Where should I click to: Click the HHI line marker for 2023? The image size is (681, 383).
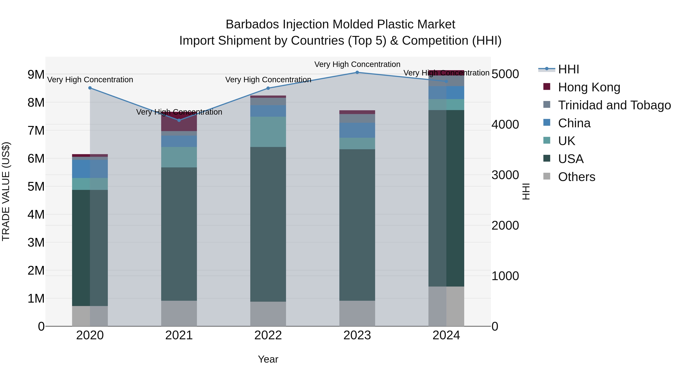[357, 72]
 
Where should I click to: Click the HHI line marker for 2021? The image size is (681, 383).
[179, 120]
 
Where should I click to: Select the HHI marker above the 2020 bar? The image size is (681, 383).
[90, 88]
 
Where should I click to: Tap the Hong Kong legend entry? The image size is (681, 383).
[589, 87]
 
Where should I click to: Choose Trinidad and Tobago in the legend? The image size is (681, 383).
[614, 105]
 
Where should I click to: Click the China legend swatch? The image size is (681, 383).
[547, 123]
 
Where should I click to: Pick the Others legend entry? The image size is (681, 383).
[576, 177]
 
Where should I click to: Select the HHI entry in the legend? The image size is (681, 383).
[568, 69]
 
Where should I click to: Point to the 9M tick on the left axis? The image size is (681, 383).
[36, 75]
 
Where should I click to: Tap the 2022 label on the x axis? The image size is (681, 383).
[268, 335]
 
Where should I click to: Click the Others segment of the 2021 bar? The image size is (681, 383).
[179, 313]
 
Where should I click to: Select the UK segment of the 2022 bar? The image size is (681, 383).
[268, 132]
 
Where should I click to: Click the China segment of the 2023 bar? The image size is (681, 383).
[357, 130]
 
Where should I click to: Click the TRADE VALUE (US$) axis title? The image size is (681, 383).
[6, 191]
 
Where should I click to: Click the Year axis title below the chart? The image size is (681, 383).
[268, 359]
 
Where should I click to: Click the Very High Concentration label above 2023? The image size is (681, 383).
[357, 64]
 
